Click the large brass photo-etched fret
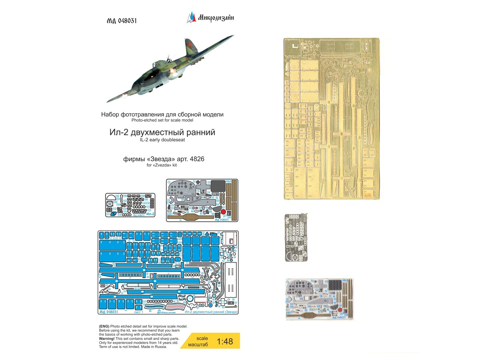[332, 118]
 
